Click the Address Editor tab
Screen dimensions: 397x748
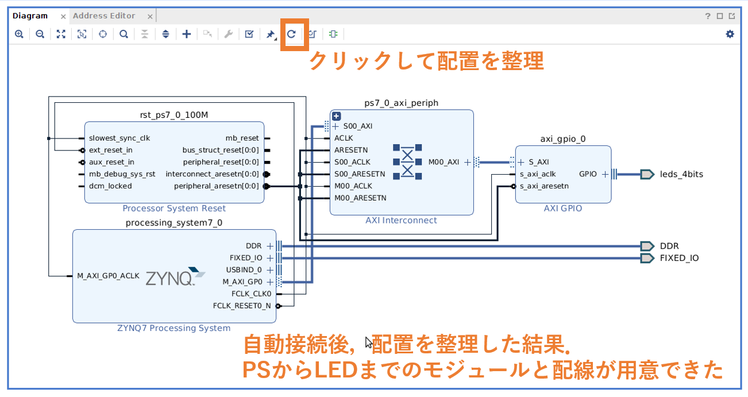[104, 16]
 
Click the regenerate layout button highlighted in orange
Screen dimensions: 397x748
[291, 34]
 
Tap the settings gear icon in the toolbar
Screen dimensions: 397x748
[730, 34]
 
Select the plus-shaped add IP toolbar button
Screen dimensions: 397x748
[186, 34]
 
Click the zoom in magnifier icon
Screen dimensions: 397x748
[19, 34]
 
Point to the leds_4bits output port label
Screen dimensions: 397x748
[681, 174]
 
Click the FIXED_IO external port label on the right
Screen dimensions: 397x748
[679, 258]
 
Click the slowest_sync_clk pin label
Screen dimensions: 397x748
[119, 138]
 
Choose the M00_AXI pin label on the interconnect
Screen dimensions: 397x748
[444, 162]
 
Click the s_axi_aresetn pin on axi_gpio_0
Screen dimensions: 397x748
[544, 186]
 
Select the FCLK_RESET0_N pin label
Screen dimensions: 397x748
[241, 306]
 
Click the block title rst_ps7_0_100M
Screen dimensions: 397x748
[174, 115]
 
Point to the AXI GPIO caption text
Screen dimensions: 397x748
[562, 209]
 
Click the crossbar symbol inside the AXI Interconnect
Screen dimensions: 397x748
[407, 162]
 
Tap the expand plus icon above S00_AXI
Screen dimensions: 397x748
[337, 116]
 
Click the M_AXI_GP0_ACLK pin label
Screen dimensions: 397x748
[108, 276]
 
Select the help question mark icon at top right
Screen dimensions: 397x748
[708, 16]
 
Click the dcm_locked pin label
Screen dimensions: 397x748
[110, 186]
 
